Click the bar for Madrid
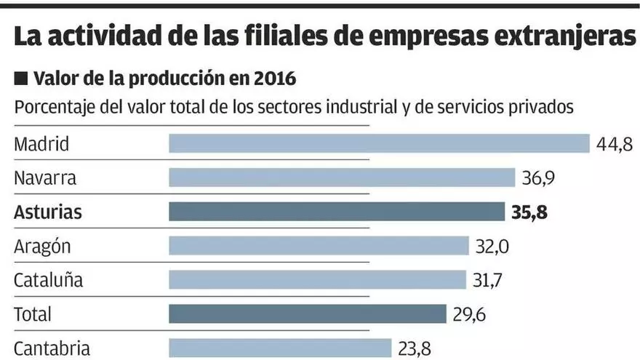pyautogui.click(x=379, y=143)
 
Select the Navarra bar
pyautogui.click(x=342, y=177)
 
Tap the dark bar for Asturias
pyautogui.click(x=336, y=212)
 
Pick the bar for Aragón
pyautogui.click(x=319, y=246)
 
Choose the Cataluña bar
pyautogui.click(x=317, y=280)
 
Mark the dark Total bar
pyautogui.click(x=307, y=314)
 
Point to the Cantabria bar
pyautogui.click(x=280, y=348)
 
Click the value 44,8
pyautogui.click(x=615, y=144)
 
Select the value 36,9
pyautogui.click(x=542, y=177)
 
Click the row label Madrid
pyautogui.click(x=41, y=144)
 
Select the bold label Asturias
pyautogui.click(x=48, y=212)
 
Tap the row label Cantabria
pyautogui.click(x=52, y=348)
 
